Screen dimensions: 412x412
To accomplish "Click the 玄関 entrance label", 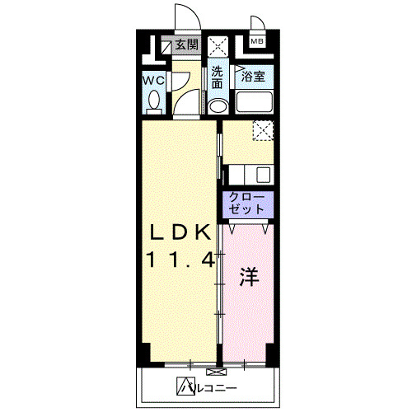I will [186, 44].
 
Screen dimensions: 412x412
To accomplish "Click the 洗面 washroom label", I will [217, 77].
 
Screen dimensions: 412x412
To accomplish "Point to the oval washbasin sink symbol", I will [218, 105].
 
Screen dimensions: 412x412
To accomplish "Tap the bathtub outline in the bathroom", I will [255, 104].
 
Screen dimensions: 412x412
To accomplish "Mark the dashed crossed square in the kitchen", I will [262, 129].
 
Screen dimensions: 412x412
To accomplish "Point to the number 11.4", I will [181, 260].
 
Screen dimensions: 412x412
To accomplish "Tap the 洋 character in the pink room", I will [249, 277].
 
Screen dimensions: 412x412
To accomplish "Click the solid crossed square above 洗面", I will [218, 45].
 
